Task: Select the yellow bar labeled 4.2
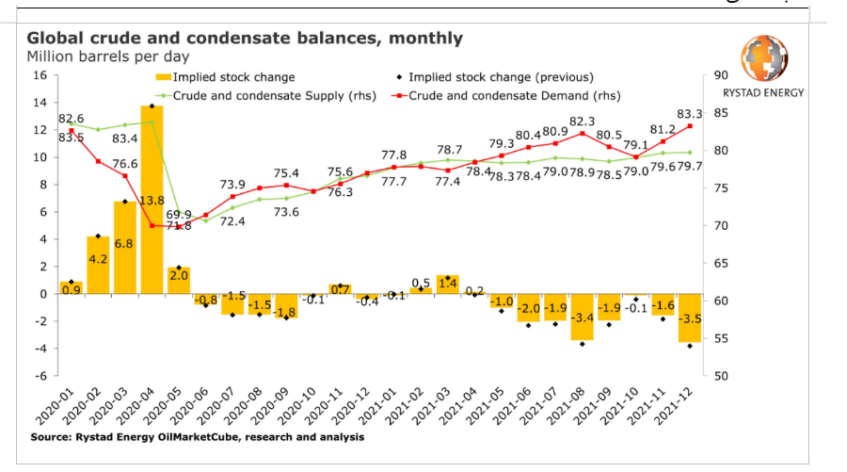(98, 265)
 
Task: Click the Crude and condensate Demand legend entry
(507, 95)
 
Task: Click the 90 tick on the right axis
(723, 75)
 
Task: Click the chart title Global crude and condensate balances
(245, 39)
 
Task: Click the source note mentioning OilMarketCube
(197, 437)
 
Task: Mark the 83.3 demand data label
(690, 113)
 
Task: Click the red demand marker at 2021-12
(691, 126)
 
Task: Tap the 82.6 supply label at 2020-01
(72, 119)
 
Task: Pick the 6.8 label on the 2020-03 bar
(125, 244)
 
